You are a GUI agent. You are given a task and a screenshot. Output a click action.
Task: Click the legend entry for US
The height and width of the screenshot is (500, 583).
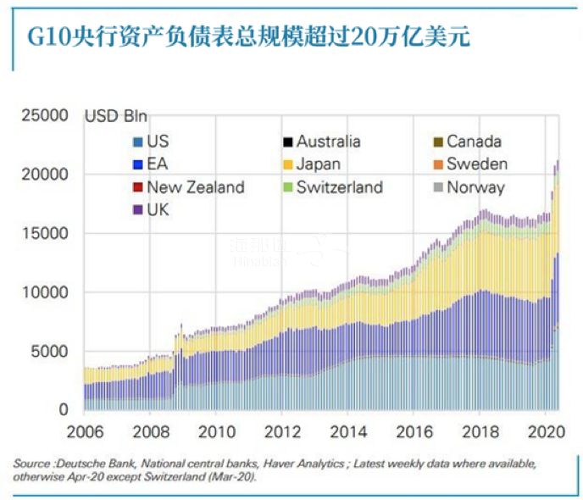[157, 142]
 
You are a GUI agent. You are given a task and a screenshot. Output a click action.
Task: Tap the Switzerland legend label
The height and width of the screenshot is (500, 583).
[339, 187]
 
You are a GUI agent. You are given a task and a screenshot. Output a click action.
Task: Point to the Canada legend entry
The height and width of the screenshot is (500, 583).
[474, 142]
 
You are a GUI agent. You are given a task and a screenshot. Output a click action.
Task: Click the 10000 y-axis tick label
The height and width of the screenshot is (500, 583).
[45, 292]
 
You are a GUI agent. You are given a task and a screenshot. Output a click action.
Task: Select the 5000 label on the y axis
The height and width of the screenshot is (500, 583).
[49, 352]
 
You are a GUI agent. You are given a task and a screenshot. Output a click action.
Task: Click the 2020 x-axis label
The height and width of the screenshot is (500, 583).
[543, 429]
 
